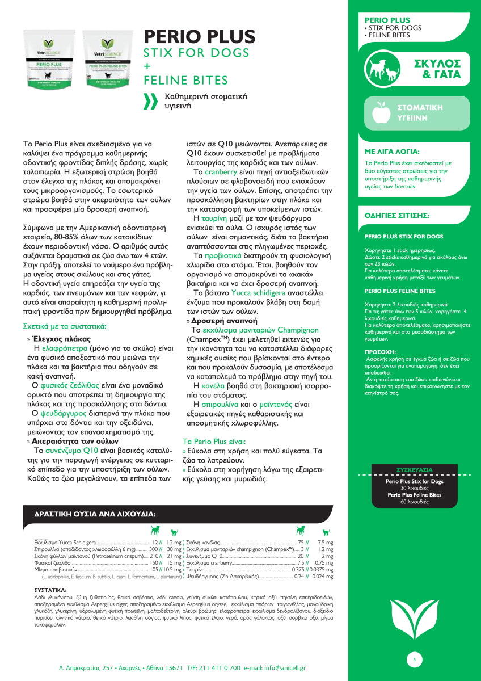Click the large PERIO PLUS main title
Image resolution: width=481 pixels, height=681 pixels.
200,37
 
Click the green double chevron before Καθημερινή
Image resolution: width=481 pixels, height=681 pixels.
150,100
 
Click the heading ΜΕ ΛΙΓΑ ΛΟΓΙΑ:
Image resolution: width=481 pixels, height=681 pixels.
392,152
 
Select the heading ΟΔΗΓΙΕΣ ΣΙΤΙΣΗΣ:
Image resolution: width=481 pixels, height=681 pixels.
396,216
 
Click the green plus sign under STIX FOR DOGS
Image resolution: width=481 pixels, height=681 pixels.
147,66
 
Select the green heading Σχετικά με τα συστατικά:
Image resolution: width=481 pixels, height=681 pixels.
64,326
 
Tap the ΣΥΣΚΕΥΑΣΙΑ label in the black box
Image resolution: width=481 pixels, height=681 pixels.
414,470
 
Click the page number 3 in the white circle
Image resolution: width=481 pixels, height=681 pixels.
414,659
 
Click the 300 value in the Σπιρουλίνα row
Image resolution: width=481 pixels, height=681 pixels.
153,549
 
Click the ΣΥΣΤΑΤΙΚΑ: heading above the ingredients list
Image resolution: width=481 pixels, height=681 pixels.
50,590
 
